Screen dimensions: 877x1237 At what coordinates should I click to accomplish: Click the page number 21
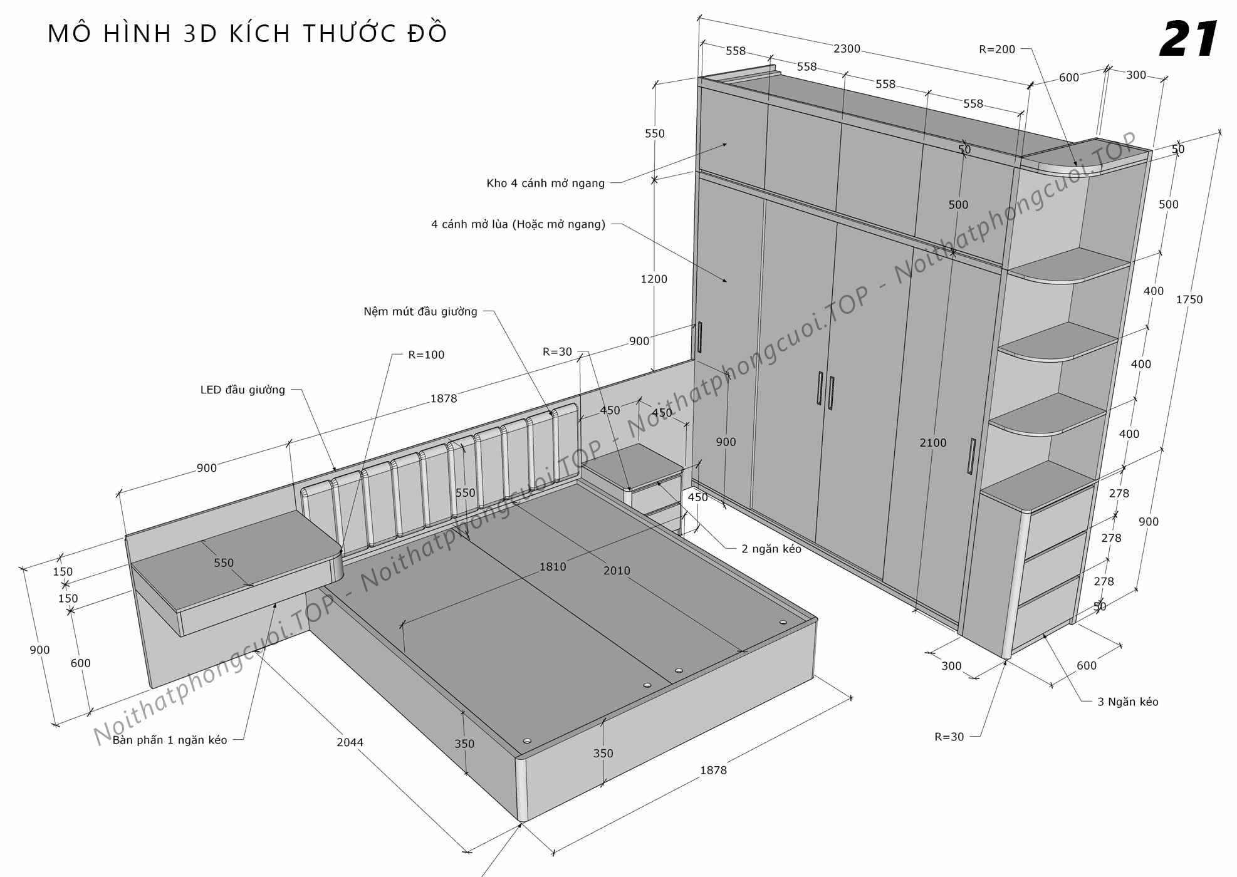coord(1188,39)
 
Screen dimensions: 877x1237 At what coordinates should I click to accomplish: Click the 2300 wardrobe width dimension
coord(847,49)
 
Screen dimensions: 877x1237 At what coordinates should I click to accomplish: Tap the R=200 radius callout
coord(997,49)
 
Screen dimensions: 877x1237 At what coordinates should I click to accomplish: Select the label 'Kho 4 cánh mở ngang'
coord(545,184)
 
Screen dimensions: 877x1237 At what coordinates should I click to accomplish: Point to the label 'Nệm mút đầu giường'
coord(420,312)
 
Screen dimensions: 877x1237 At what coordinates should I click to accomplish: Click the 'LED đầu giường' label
coord(243,390)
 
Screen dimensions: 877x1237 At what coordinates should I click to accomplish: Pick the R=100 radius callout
coord(426,355)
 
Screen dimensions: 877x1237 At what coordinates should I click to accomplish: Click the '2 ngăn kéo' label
coord(771,549)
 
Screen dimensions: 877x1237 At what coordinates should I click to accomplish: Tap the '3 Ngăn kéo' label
coord(1127,702)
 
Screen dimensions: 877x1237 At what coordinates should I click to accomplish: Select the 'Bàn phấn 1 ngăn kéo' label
coord(170,740)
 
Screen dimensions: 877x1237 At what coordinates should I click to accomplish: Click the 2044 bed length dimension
coord(350,742)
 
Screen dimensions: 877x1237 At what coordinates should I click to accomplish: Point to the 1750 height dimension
coord(1189,300)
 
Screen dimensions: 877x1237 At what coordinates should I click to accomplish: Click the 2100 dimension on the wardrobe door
coord(932,443)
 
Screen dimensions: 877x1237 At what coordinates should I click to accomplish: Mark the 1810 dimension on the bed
coord(552,567)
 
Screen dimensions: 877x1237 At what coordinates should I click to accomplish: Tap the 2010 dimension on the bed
coord(617,571)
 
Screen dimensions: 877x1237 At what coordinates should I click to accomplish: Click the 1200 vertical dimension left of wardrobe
coord(654,279)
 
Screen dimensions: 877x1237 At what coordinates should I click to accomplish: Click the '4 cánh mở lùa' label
coord(518,224)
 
